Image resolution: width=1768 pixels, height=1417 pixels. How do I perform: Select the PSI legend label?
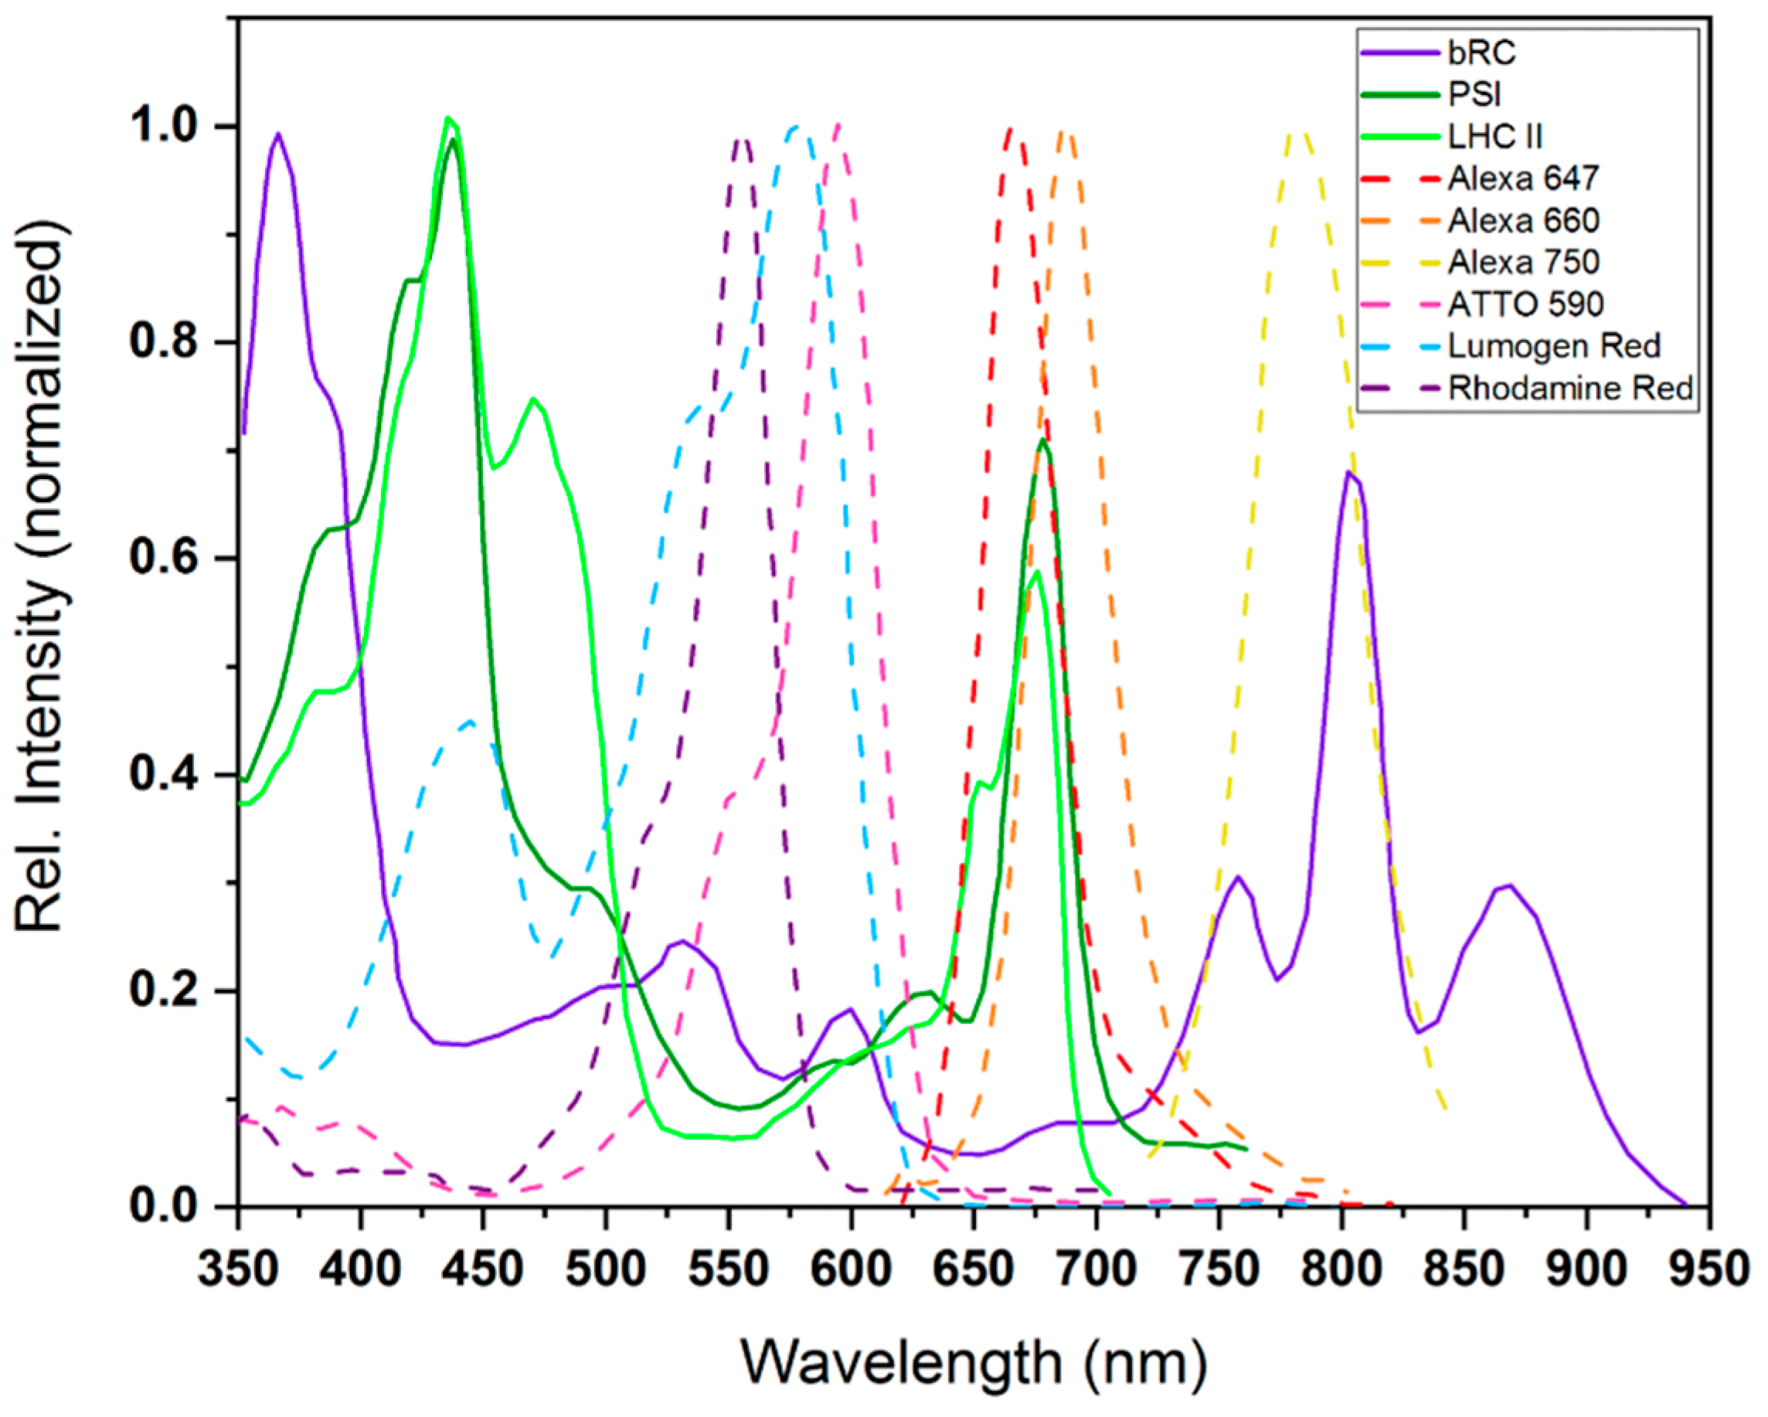[x=1474, y=94]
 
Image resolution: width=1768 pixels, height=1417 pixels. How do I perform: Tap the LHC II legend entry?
[x=1494, y=136]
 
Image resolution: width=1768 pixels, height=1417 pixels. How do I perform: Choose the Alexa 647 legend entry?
[x=1523, y=178]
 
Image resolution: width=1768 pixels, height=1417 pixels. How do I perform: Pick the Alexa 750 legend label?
[x=1523, y=262]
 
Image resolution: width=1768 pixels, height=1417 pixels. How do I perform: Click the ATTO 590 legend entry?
[x=1525, y=304]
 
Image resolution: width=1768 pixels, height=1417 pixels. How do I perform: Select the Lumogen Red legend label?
[x=1553, y=346]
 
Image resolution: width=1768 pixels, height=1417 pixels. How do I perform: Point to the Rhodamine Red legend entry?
[x=1569, y=388]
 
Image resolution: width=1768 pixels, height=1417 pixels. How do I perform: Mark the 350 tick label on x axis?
[x=239, y=1269]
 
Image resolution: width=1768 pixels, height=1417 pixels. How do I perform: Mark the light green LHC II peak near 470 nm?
[x=533, y=399]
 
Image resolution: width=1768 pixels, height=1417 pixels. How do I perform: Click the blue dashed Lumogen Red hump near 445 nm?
[x=469, y=722]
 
